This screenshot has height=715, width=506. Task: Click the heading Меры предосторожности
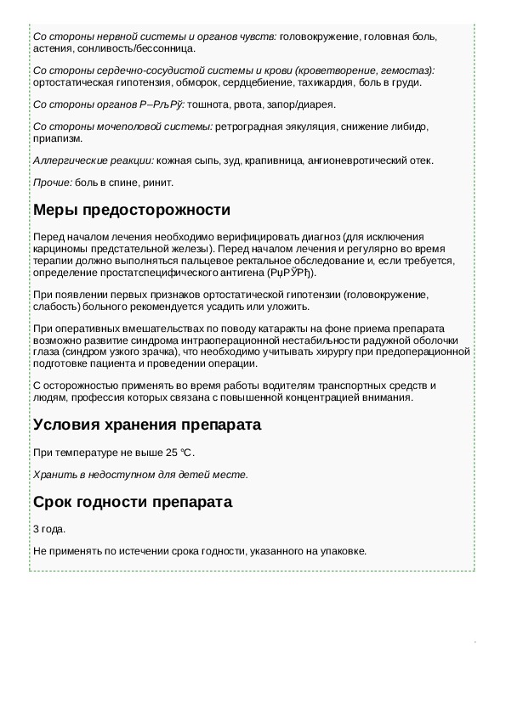point(131,210)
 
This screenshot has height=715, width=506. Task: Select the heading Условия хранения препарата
point(146,424)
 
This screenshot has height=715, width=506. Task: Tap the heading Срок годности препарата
point(132,502)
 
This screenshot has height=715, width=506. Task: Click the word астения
point(49,49)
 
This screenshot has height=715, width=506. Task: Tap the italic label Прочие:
point(53,183)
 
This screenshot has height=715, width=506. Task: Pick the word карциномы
point(61,248)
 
